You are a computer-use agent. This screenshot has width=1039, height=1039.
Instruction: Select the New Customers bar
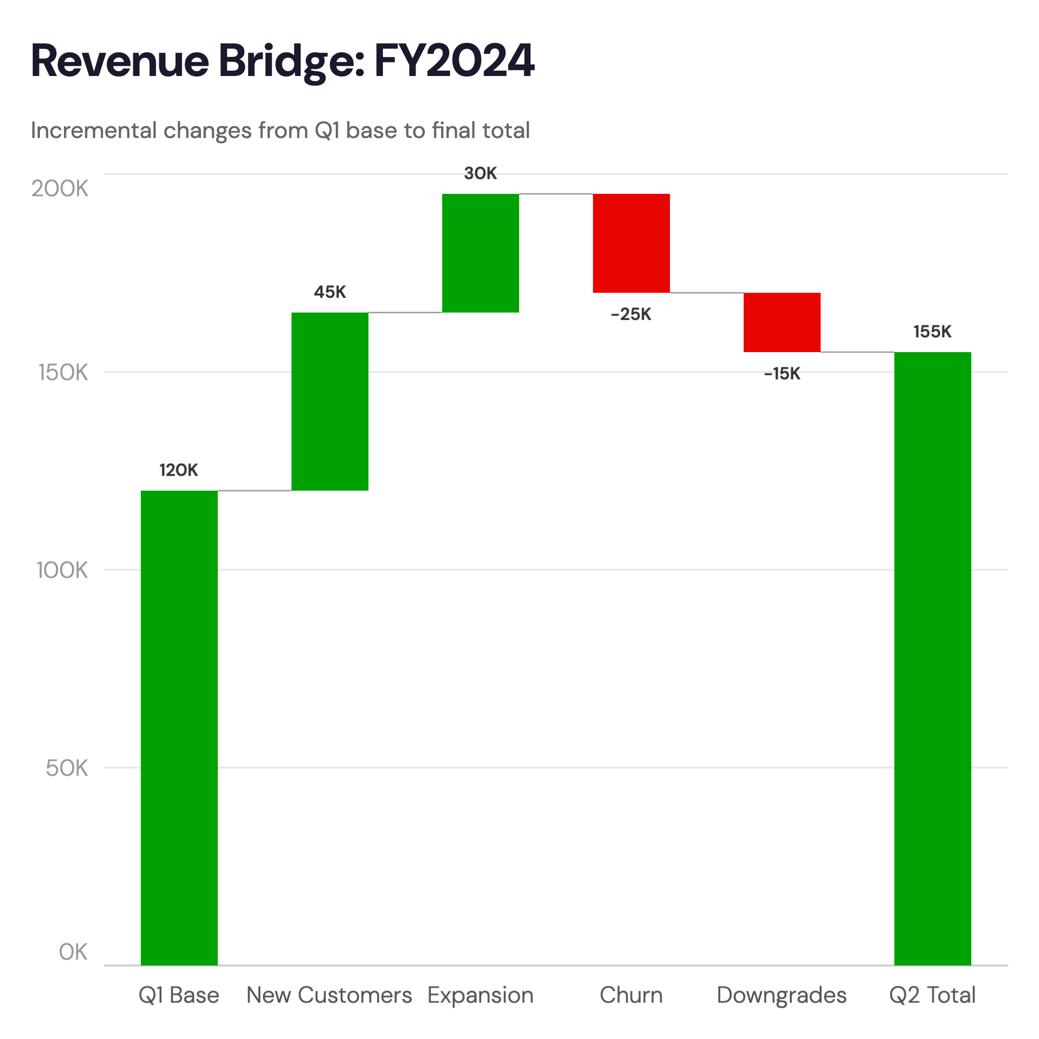[x=329, y=401]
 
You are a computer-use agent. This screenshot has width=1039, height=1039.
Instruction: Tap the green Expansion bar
[x=480, y=253]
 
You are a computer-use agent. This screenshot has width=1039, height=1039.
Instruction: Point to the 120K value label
[x=178, y=470]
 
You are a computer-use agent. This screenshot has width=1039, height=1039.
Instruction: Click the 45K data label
[x=329, y=292]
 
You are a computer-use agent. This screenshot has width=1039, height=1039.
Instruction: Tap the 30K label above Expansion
[x=480, y=173]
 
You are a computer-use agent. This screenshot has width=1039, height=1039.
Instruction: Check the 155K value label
[x=932, y=331]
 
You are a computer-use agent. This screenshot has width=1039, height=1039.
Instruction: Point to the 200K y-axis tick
[x=60, y=189]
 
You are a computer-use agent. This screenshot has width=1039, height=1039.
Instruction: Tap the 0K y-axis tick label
[x=73, y=952]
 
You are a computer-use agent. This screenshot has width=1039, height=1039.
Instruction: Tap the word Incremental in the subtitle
[x=94, y=130]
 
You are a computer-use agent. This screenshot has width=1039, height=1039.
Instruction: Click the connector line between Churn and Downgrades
[x=707, y=293]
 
